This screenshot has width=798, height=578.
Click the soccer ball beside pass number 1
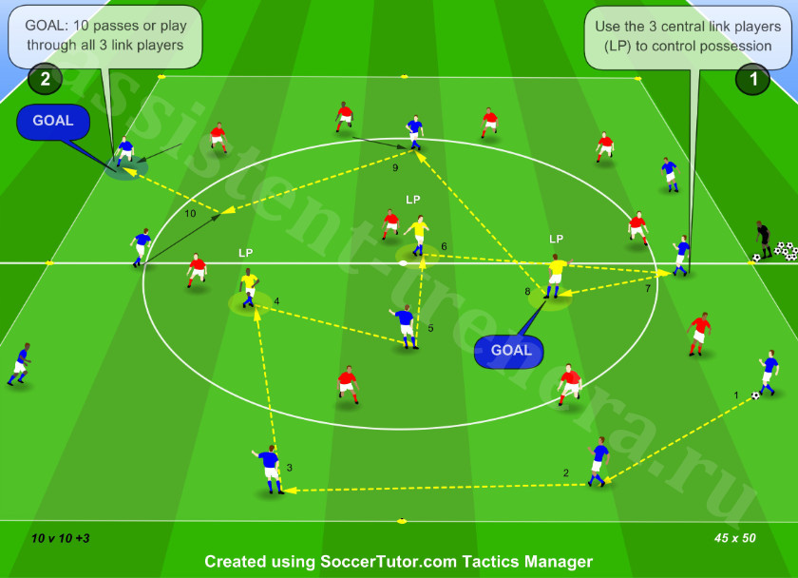point(756,395)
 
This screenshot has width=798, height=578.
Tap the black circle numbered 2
point(45,79)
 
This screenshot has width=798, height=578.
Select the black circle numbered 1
point(752,79)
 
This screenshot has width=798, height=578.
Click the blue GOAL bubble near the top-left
point(53,121)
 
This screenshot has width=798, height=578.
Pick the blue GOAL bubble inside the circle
point(510,351)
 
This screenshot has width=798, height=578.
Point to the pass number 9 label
point(395,167)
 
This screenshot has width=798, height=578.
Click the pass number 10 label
point(190,213)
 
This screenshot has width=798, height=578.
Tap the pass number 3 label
point(290,468)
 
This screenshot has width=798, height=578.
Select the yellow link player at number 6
point(418,235)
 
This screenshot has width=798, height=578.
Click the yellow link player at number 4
point(248,288)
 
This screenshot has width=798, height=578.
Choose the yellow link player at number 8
point(557,276)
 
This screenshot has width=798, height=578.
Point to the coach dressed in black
point(762,240)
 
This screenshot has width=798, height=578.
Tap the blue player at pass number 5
point(405,326)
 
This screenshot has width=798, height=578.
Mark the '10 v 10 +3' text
point(60,538)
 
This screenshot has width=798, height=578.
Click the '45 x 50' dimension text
point(735,538)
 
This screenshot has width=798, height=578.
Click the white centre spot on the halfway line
point(403,263)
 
